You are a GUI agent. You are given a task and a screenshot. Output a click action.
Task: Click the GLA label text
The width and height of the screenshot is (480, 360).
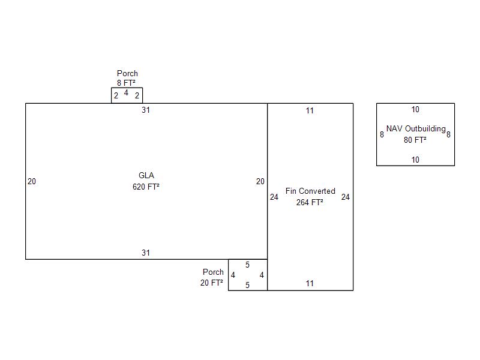(x=146, y=176)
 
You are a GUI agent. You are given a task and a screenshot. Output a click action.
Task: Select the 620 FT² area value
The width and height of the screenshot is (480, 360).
(x=146, y=187)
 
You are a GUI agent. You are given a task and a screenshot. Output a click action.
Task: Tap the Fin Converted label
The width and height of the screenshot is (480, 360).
(x=310, y=191)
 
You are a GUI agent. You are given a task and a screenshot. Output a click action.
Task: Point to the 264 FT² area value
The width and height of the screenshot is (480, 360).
(x=310, y=202)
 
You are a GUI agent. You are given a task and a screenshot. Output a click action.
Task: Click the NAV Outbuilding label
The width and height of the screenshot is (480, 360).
(x=416, y=129)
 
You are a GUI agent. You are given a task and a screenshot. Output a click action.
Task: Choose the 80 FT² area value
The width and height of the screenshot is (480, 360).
(x=415, y=140)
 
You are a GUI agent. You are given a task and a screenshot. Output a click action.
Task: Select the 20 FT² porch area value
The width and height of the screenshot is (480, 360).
(x=212, y=283)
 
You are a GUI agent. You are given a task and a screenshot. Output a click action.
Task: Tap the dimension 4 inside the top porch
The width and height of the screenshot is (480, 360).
(x=126, y=93)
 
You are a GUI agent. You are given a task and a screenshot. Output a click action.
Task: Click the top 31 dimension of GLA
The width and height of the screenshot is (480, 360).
(x=146, y=110)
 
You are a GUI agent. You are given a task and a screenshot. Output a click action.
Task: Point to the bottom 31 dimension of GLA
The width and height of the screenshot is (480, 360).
(x=146, y=253)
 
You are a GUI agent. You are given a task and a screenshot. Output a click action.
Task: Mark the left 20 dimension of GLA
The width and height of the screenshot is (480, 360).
(x=32, y=182)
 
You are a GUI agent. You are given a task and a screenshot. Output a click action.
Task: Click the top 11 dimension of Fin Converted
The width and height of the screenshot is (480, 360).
(x=310, y=110)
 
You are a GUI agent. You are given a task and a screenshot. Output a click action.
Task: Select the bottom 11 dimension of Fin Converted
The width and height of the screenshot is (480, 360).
(x=310, y=284)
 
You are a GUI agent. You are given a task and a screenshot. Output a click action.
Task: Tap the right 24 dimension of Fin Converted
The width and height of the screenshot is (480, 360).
(x=346, y=197)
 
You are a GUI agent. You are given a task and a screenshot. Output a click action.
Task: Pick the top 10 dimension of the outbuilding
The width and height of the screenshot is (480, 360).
(x=415, y=110)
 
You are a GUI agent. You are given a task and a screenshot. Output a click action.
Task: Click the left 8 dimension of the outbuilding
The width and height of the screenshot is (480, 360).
(x=382, y=135)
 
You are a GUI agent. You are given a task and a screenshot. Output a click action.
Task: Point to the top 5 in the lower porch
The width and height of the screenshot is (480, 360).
(x=247, y=265)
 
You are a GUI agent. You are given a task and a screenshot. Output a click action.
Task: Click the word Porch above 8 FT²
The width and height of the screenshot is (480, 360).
(x=127, y=74)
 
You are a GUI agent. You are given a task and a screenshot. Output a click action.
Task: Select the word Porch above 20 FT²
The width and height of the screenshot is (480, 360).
(x=213, y=272)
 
